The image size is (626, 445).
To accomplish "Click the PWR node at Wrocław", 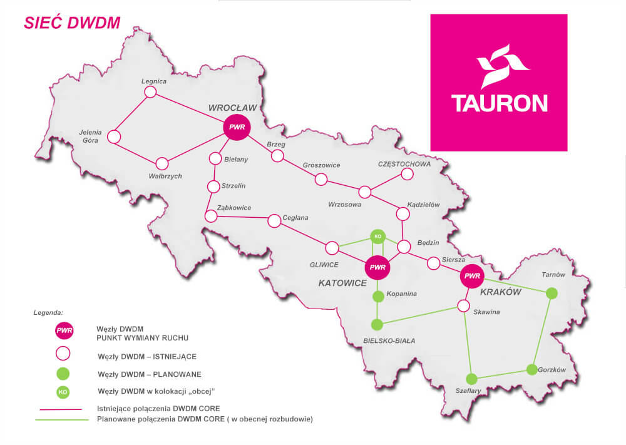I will pyautogui.click(x=237, y=127).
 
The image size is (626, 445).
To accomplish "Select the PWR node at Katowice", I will pyautogui.click(x=377, y=267).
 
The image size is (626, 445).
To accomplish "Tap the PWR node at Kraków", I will pyautogui.click(x=472, y=276).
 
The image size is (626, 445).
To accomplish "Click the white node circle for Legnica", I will pyautogui.click(x=150, y=92).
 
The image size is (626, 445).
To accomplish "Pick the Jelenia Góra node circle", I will pyautogui.click(x=114, y=136).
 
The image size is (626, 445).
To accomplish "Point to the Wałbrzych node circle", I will pyautogui.click(x=162, y=164).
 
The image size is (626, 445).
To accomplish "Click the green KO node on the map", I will pyautogui.click(x=377, y=236).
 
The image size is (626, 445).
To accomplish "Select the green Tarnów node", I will pyautogui.click(x=552, y=293).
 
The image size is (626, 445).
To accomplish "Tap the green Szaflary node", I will pyautogui.click(x=471, y=379).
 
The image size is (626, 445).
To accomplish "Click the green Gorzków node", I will pyautogui.click(x=531, y=369).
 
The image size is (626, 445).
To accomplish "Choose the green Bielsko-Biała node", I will pyautogui.click(x=377, y=324).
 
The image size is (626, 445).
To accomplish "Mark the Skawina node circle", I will pyautogui.click(x=463, y=306).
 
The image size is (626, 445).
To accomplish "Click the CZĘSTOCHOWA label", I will pyautogui.click(x=404, y=164).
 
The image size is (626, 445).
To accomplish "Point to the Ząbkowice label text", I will pyautogui.click(x=233, y=208).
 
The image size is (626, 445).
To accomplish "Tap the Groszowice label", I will pyautogui.click(x=321, y=165).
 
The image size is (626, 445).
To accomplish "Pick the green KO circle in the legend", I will pyautogui.click(x=63, y=392).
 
